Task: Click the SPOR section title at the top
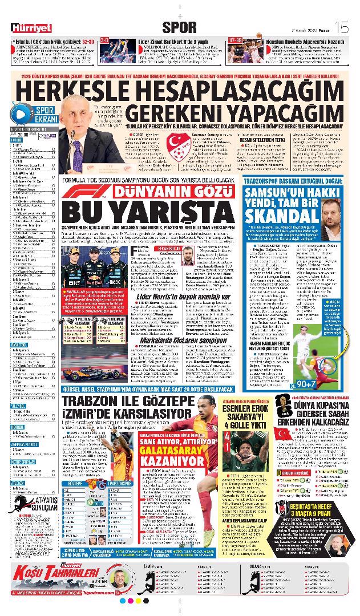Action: [x=179, y=27]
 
